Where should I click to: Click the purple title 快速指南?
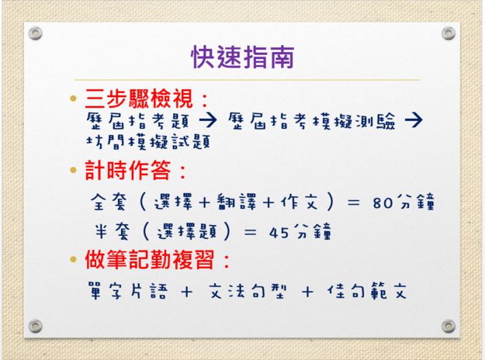coord(243,57)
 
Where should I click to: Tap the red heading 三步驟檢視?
coord(139,99)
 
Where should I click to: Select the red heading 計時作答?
coord(128,170)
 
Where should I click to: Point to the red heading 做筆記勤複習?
coord(150,259)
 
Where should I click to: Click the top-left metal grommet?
coord(35,33)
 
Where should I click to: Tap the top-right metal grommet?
coord(449,33)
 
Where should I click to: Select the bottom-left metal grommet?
coord(35,326)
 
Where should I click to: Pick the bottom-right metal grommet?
coord(449,326)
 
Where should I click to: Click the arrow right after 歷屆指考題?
coord(208,120)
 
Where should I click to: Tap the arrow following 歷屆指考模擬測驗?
coord(414,120)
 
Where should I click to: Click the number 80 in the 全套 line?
coord(383,203)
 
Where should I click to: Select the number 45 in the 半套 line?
coord(279,232)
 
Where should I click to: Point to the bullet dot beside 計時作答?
coord(73,170)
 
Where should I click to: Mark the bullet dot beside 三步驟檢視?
coord(73,99)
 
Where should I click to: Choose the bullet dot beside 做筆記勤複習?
coord(73,259)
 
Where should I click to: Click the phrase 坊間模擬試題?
coord(148,142)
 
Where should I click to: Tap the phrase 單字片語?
coord(128,291)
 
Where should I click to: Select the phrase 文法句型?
coord(248,291)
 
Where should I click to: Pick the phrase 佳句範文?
coord(367,291)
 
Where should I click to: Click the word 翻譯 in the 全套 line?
coord(237,202)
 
